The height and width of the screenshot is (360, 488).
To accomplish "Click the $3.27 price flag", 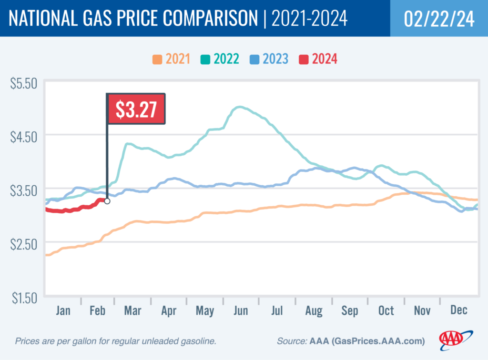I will coord(136,109).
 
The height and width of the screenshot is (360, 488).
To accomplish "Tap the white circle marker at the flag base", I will coord(107,201).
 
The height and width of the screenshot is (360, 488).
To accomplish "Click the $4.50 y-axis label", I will coord(23,137).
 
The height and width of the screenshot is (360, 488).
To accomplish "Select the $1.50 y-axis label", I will coord(23,299).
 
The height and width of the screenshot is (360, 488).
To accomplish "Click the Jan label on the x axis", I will coord(63,311).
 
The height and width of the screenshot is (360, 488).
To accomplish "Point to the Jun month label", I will coord(241,311).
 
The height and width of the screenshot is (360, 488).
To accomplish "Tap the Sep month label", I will coord(350,311).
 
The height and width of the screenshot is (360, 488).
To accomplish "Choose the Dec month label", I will coord(458,311).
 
